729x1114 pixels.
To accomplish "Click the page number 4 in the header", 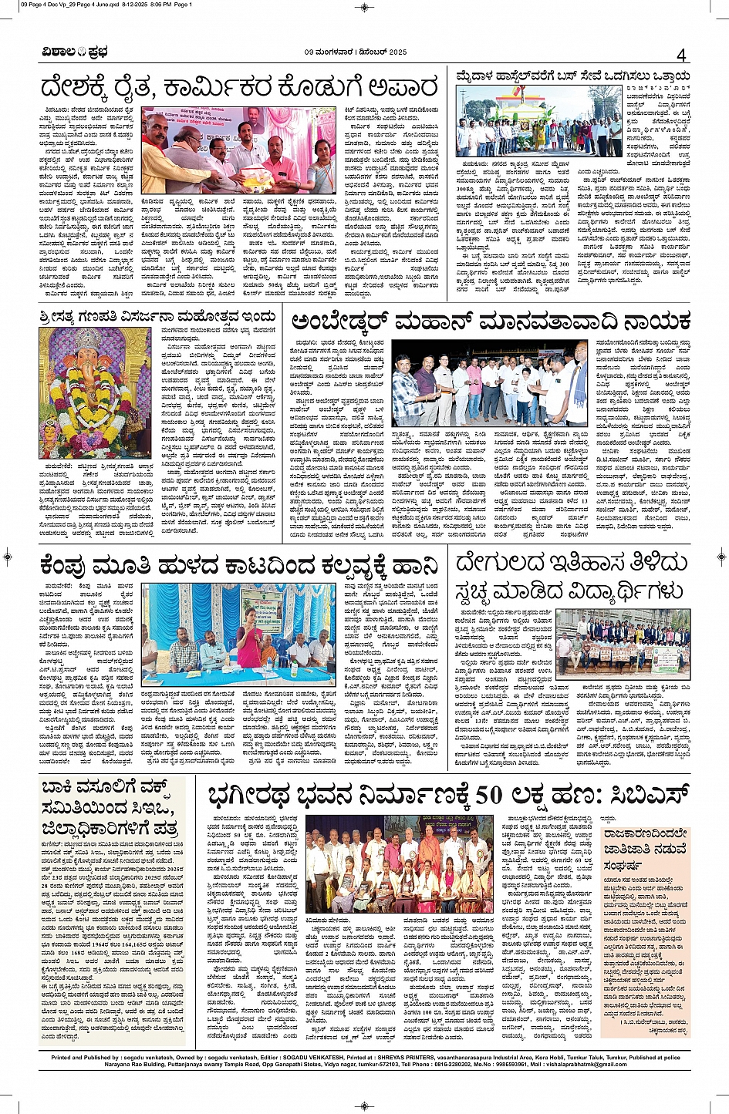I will click(680, 56).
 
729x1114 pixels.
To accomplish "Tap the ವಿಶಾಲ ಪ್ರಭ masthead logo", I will click(75, 52).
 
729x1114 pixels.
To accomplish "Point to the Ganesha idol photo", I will click(95, 391).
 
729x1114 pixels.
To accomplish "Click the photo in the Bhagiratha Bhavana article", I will click(400, 863).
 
